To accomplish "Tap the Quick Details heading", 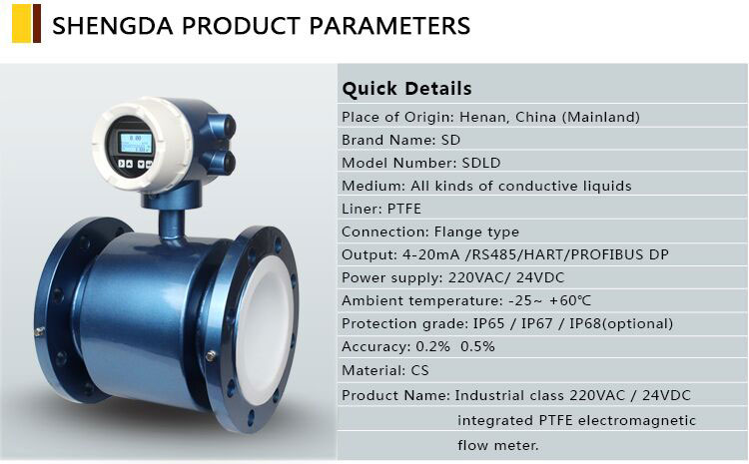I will pyautogui.click(x=406, y=89).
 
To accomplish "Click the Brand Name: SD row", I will pyautogui.click(x=401, y=140).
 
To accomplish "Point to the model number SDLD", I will pyautogui.click(x=481, y=163).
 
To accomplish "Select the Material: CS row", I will pyautogui.click(x=386, y=370).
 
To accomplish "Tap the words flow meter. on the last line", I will pyautogui.click(x=498, y=444).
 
